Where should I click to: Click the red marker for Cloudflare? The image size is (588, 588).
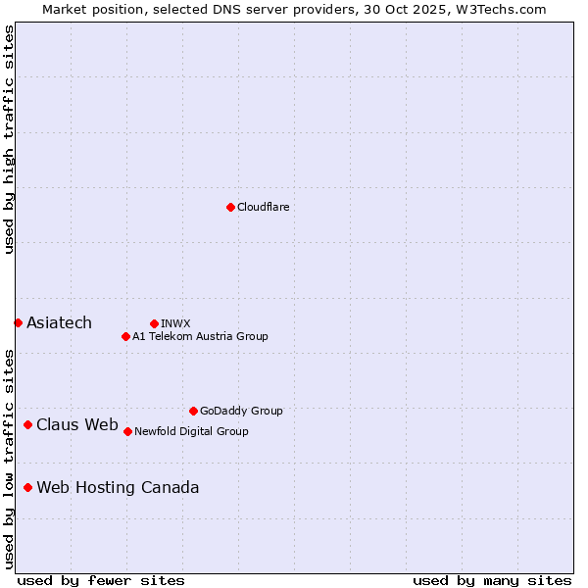[x=230, y=207]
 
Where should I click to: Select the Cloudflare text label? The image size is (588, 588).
[x=263, y=207]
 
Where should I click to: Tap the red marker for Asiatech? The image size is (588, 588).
[x=18, y=322]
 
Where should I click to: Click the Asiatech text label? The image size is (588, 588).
[x=59, y=322]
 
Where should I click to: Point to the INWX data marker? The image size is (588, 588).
[x=154, y=323]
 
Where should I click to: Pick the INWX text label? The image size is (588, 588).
[x=175, y=323]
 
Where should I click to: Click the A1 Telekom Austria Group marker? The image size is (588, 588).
[x=125, y=336]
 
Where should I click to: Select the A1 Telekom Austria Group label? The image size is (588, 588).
[x=200, y=336]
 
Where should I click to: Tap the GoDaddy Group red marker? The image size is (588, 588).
[x=193, y=411]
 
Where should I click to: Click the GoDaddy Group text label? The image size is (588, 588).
[x=240, y=411]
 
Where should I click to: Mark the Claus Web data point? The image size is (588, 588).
[x=27, y=424]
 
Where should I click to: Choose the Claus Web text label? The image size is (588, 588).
[x=76, y=424]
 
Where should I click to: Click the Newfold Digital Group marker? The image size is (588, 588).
[x=127, y=431]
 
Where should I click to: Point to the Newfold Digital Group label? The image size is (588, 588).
[x=191, y=431]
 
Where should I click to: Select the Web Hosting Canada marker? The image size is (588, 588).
[x=27, y=487]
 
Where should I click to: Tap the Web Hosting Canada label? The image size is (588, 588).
[x=118, y=487]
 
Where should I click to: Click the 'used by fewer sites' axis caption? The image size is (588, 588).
[x=101, y=580]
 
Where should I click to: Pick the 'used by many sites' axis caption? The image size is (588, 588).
[x=492, y=580]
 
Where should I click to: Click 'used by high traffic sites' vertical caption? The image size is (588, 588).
[x=9, y=139]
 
